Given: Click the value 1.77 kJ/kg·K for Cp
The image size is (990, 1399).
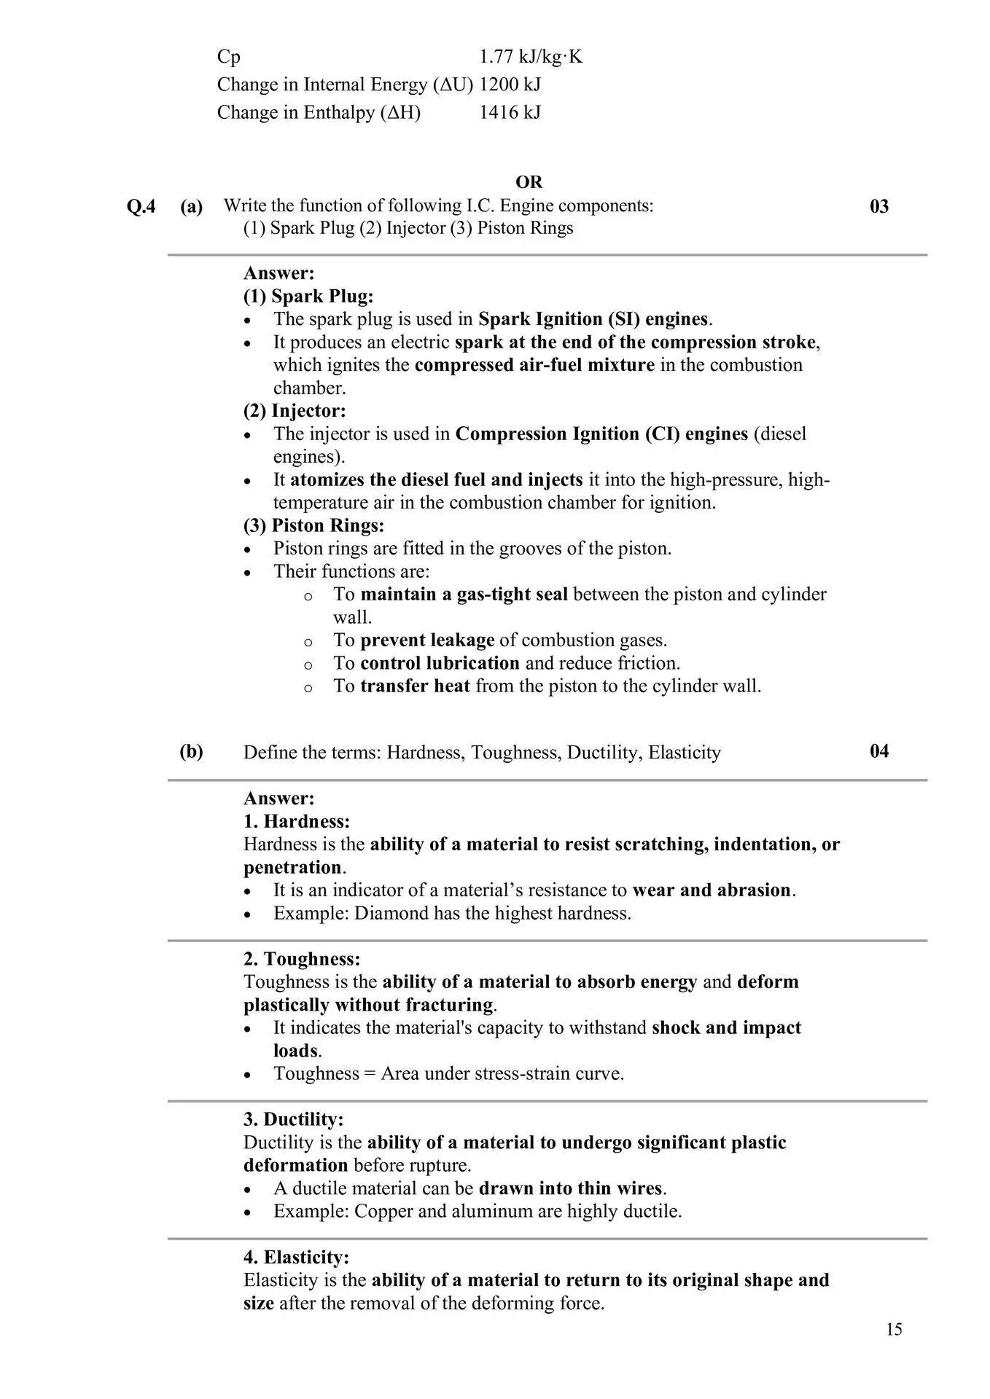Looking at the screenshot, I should pyautogui.click(x=531, y=57).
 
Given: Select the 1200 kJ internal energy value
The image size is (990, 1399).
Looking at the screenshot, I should pyautogui.click(x=510, y=85).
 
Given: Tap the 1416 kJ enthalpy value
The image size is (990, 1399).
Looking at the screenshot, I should pyautogui.click(x=510, y=112).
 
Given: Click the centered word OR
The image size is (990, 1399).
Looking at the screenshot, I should pyautogui.click(x=529, y=182).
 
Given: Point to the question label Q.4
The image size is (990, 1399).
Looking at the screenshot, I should pyautogui.click(x=141, y=207).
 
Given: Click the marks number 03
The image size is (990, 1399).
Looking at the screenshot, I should pyautogui.click(x=879, y=207).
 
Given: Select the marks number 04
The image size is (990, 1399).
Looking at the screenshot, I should pyautogui.click(x=879, y=751).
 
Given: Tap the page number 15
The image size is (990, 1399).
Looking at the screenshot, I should pyautogui.click(x=894, y=1330).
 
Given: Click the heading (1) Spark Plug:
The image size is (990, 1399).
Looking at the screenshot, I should pyautogui.click(x=308, y=297).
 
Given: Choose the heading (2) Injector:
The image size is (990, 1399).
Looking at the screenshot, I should pyautogui.click(x=295, y=411).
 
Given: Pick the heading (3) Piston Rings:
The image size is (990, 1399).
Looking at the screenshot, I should pyautogui.click(x=313, y=525).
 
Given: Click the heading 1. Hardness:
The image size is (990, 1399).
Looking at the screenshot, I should pyautogui.click(x=297, y=822).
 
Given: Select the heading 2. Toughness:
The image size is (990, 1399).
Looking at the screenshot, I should pyautogui.click(x=302, y=960).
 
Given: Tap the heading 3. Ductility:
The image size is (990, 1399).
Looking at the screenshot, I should pyautogui.click(x=293, y=1120).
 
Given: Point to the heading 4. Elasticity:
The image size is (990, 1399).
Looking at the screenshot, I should pyautogui.click(x=296, y=1258).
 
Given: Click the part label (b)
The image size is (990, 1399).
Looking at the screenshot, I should pyautogui.click(x=192, y=751).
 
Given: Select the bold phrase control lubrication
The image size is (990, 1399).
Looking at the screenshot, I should pyautogui.click(x=440, y=663).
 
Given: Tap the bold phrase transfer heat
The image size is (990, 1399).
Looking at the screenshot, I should pyautogui.click(x=415, y=686).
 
